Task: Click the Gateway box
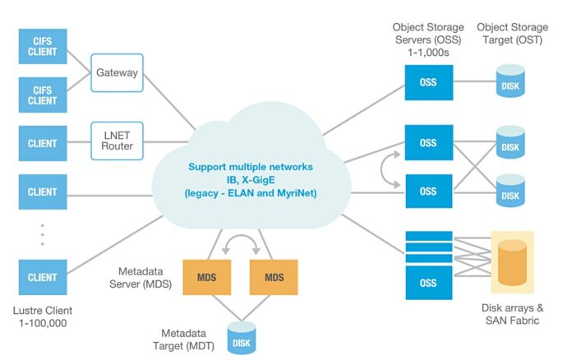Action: tap(118, 72)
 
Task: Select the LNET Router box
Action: tap(118, 141)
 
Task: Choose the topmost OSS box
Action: tap(428, 82)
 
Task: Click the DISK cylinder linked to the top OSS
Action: tap(510, 82)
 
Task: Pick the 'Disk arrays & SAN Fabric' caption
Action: tap(511, 314)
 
